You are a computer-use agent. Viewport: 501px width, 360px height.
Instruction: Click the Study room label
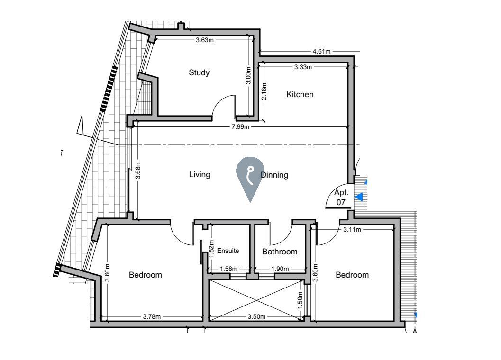199,73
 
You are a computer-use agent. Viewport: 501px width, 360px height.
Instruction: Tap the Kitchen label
300,95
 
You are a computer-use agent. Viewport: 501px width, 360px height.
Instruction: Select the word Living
200,175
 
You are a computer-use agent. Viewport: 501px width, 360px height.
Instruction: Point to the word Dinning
274,175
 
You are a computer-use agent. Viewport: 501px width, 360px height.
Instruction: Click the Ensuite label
228,251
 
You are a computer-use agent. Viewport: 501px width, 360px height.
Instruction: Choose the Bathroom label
280,252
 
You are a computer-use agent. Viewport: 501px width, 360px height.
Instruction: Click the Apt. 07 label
341,198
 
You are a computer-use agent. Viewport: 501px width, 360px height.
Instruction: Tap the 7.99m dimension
240,127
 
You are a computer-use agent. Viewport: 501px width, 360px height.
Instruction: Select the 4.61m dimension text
321,51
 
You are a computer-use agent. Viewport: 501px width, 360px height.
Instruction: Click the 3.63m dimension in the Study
204,40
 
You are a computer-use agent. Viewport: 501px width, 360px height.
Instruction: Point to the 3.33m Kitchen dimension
303,67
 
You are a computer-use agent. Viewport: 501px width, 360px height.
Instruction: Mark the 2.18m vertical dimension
264,91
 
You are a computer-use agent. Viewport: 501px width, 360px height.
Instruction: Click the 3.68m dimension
138,170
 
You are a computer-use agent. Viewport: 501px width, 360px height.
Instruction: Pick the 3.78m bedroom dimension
152,316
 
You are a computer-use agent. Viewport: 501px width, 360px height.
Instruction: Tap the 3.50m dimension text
256,316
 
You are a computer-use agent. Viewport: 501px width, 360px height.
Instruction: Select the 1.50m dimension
300,300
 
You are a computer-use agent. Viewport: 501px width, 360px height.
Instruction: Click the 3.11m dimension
352,229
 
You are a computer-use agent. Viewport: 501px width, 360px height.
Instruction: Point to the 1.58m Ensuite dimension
228,269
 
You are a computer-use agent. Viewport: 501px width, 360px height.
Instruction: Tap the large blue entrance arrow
359,197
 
